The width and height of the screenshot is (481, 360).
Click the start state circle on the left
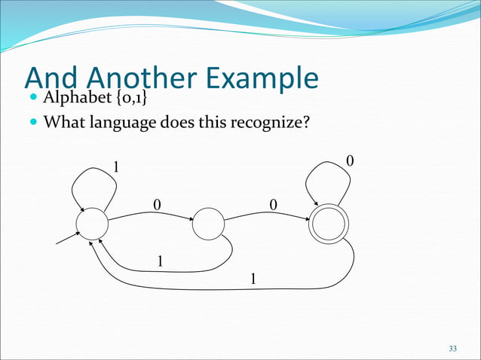tap(93, 225)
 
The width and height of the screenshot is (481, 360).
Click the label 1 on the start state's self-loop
tap(116, 166)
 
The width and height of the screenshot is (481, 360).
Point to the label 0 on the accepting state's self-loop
tap(349, 161)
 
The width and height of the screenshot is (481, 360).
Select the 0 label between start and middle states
tap(157, 204)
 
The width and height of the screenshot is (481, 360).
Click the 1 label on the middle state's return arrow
tap(160, 260)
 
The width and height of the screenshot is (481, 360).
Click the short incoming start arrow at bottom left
tap(68, 239)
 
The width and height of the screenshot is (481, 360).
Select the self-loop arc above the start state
tap(89, 179)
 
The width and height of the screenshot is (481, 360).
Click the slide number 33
tap(452, 348)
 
